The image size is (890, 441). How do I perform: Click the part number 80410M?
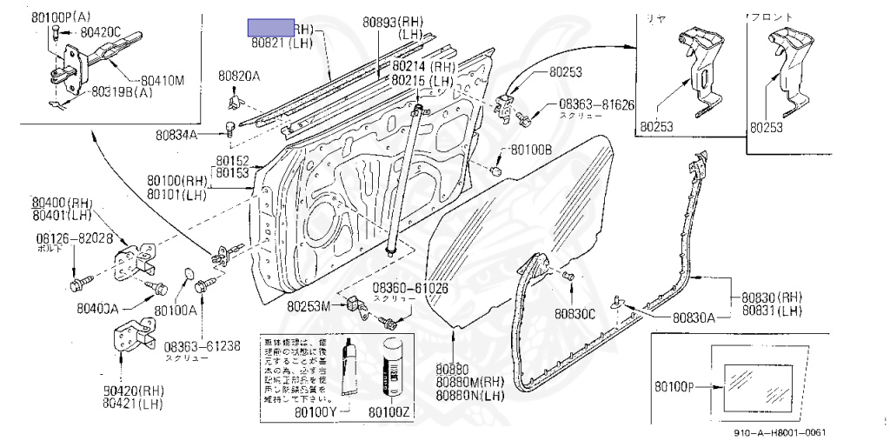coord(163,80)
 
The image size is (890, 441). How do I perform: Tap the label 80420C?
coord(102,31)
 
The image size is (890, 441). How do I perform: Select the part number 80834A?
coord(177,135)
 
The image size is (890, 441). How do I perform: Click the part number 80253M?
coord(309,305)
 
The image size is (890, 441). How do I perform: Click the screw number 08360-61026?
coord(410,287)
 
